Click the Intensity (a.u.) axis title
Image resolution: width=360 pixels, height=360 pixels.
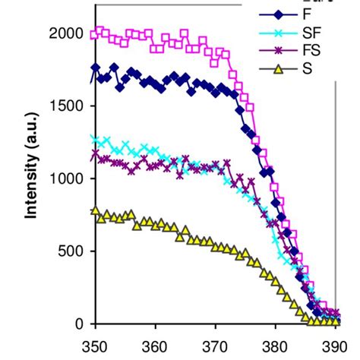tap(32, 178)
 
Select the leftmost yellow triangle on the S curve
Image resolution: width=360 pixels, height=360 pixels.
tap(96, 211)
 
